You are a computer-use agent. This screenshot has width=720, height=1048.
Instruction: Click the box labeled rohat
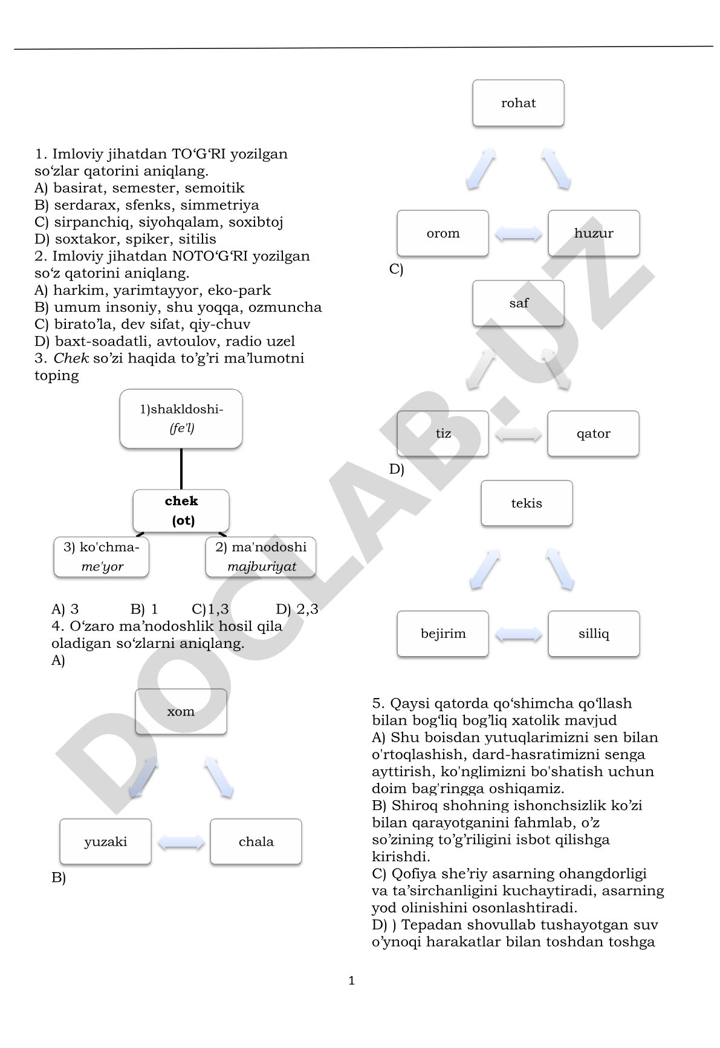click(x=518, y=103)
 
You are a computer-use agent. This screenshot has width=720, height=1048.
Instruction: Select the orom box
click(x=443, y=233)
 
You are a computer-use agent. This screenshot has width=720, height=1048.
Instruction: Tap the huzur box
click(x=594, y=233)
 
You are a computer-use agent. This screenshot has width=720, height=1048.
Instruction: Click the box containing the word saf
click(x=518, y=303)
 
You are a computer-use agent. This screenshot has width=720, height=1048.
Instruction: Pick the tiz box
click(x=443, y=433)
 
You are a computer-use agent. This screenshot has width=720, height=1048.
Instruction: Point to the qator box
click(x=593, y=433)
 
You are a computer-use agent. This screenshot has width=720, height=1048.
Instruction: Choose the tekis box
click(x=527, y=503)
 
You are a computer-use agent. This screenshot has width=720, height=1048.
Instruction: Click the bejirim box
click(x=443, y=633)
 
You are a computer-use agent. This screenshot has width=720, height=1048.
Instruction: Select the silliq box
click(x=594, y=633)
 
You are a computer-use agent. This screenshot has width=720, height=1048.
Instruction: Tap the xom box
click(x=181, y=711)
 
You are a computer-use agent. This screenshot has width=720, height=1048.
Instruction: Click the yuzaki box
click(x=105, y=841)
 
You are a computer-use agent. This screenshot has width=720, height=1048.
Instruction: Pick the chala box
click(x=256, y=841)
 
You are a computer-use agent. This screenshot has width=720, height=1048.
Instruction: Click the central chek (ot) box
click(x=181, y=511)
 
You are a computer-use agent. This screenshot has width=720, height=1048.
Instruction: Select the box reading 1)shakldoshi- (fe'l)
click(x=181, y=419)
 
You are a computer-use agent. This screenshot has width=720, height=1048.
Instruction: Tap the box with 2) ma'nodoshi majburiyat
click(x=261, y=557)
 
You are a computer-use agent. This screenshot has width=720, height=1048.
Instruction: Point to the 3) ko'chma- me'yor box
click(x=101, y=557)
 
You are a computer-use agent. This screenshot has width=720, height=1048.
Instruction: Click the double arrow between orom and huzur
click(x=519, y=233)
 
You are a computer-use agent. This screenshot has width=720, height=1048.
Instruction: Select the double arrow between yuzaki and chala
click(x=181, y=842)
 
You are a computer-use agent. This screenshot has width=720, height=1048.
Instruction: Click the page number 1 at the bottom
click(x=352, y=981)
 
